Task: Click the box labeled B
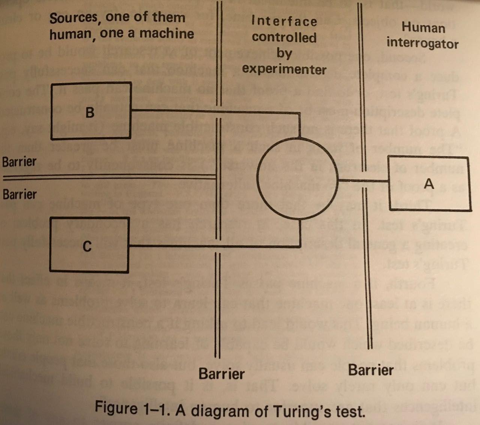click(x=91, y=110)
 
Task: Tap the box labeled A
click(x=429, y=183)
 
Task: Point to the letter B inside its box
click(x=90, y=112)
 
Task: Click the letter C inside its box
click(x=87, y=246)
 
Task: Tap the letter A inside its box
click(x=429, y=183)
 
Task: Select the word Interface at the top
click(x=284, y=21)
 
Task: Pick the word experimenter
click(x=284, y=69)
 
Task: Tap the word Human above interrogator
click(x=423, y=27)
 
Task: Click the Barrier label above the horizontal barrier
click(x=19, y=162)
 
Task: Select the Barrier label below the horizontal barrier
click(x=19, y=194)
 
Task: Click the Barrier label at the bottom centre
click(x=221, y=373)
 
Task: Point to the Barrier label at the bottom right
click(x=371, y=370)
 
